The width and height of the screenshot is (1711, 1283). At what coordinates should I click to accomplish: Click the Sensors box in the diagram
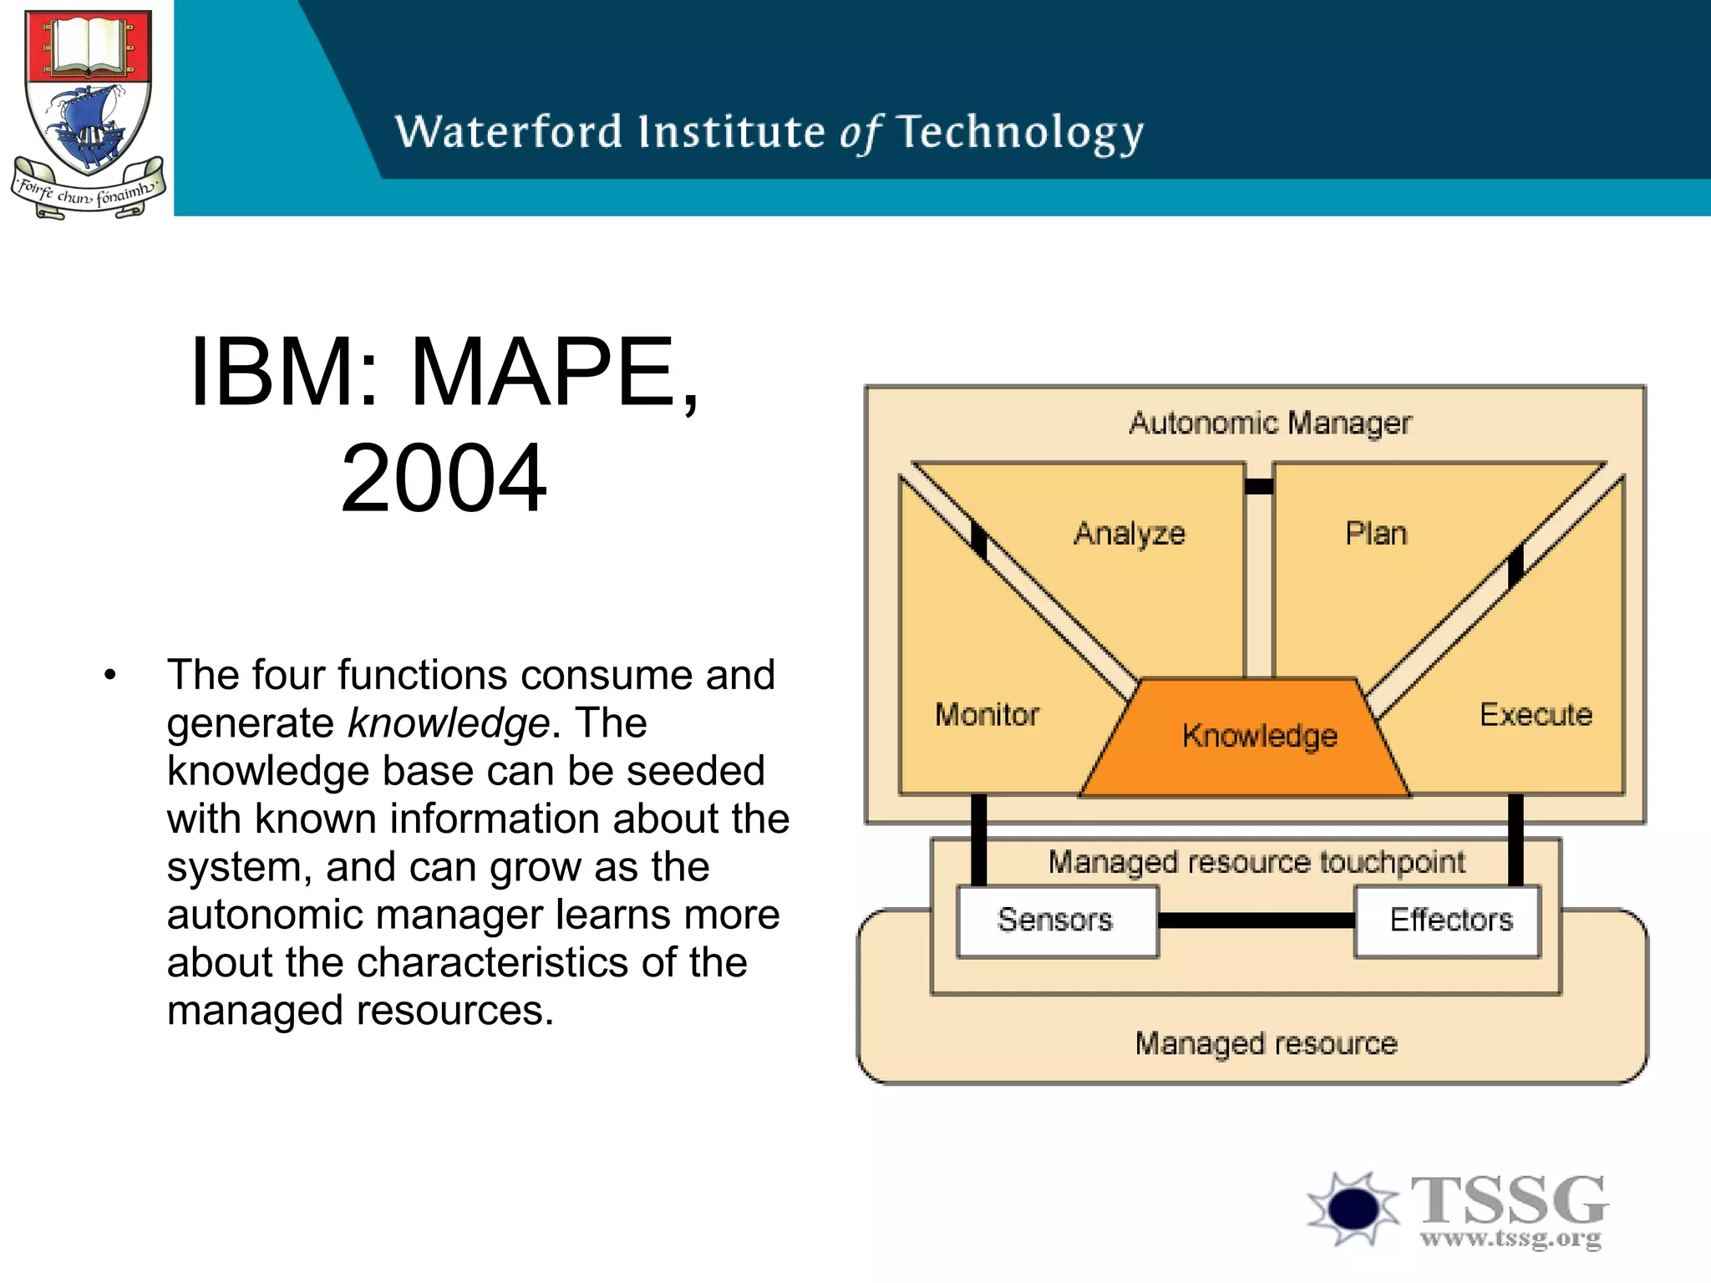pos(1057,920)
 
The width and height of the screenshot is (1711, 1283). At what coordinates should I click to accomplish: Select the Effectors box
pos(1447,920)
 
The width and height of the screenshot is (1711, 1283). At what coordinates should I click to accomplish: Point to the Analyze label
pos(1130,533)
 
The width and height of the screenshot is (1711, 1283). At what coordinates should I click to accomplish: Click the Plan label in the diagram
pos(1376,533)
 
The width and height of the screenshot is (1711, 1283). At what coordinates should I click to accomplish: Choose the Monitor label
pos(987,715)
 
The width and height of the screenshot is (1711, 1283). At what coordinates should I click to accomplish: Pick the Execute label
pos(1536,715)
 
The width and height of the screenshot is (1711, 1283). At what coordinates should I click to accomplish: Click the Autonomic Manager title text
pos(1269,423)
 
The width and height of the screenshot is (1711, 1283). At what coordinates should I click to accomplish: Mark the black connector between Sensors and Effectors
pos(1256,920)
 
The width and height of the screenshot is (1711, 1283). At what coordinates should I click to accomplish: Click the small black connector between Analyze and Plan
pos(1259,486)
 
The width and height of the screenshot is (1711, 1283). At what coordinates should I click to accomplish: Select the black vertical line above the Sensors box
pos(978,839)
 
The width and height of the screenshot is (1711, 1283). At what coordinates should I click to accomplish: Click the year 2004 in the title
pos(444,479)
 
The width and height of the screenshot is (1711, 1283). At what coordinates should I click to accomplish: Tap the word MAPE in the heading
pos(544,373)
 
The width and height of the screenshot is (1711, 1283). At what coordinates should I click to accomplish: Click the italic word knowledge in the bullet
pos(449,723)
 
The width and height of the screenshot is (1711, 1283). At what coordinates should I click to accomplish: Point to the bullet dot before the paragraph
pos(110,676)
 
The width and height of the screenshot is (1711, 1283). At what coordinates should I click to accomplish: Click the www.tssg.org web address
pos(1510,1238)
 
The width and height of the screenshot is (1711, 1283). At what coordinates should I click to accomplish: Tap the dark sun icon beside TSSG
pos(1353,1208)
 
